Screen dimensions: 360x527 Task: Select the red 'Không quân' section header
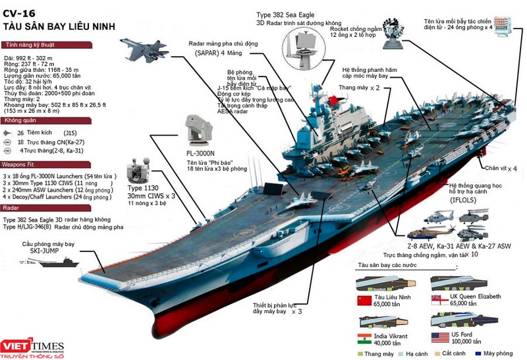click(20, 121)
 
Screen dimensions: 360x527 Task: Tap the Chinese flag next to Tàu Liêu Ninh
click(364, 301)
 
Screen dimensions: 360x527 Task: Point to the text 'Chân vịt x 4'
click(503, 167)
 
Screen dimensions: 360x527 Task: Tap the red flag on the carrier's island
click(333, 101)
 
